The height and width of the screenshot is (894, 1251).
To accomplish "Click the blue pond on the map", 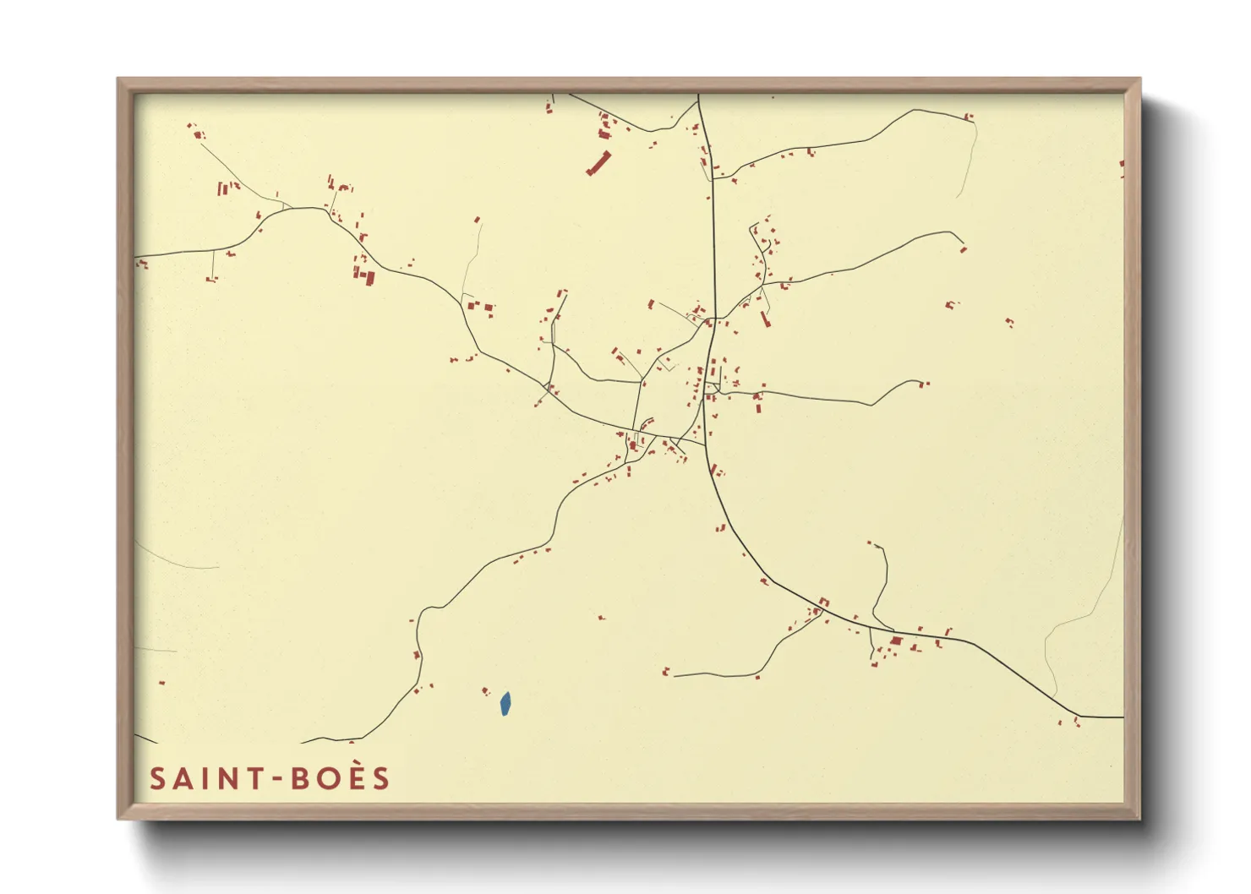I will click(505, 703).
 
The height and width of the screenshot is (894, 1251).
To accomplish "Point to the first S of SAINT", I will click(157, 779).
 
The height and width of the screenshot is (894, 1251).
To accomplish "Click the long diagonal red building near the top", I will click(598, 162).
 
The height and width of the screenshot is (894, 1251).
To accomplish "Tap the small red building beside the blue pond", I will click(485, 691).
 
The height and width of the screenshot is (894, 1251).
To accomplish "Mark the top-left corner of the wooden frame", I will click(118, 79).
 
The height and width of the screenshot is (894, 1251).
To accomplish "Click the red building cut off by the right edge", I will click(1122, 164).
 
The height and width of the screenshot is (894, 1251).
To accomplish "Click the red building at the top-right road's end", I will click(969, 117).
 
